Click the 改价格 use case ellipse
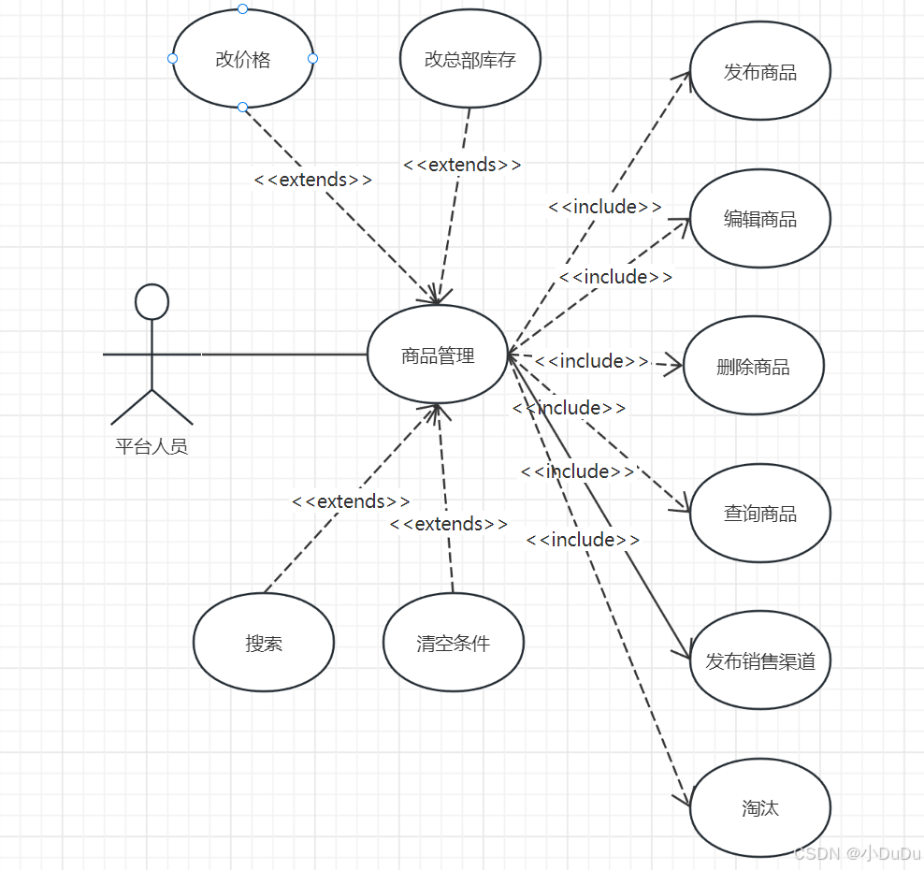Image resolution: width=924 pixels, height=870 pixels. click(242, 60)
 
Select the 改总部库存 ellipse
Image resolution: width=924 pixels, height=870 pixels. click(470, 60)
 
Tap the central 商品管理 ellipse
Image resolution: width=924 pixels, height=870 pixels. click(438, 355)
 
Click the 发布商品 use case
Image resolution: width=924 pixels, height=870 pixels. click(759, 72)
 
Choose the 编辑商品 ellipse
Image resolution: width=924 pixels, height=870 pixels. click(759, 219)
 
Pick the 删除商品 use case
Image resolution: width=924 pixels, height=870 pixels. click(753, 367)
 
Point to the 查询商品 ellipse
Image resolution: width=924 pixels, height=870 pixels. click(759, 514)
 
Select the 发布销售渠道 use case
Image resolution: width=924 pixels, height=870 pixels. click(759, 661)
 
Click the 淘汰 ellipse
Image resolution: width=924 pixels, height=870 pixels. click(759, 808)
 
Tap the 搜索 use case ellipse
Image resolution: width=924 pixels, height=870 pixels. click(264, 643)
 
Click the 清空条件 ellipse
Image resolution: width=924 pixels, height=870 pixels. click(454, 643)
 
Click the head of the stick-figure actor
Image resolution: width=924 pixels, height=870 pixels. click(152, 302)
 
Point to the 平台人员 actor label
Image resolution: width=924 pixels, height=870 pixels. click(152, 446)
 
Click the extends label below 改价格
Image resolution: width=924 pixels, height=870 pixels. click(313, 180)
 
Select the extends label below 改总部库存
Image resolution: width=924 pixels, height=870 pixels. click(462, 165)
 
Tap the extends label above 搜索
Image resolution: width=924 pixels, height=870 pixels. click(351, 501)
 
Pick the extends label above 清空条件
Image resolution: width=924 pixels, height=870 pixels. click(449, 524)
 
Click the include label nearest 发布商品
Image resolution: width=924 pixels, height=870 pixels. click(605, 207)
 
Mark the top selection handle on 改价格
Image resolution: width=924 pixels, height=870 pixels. click(242, 9)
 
